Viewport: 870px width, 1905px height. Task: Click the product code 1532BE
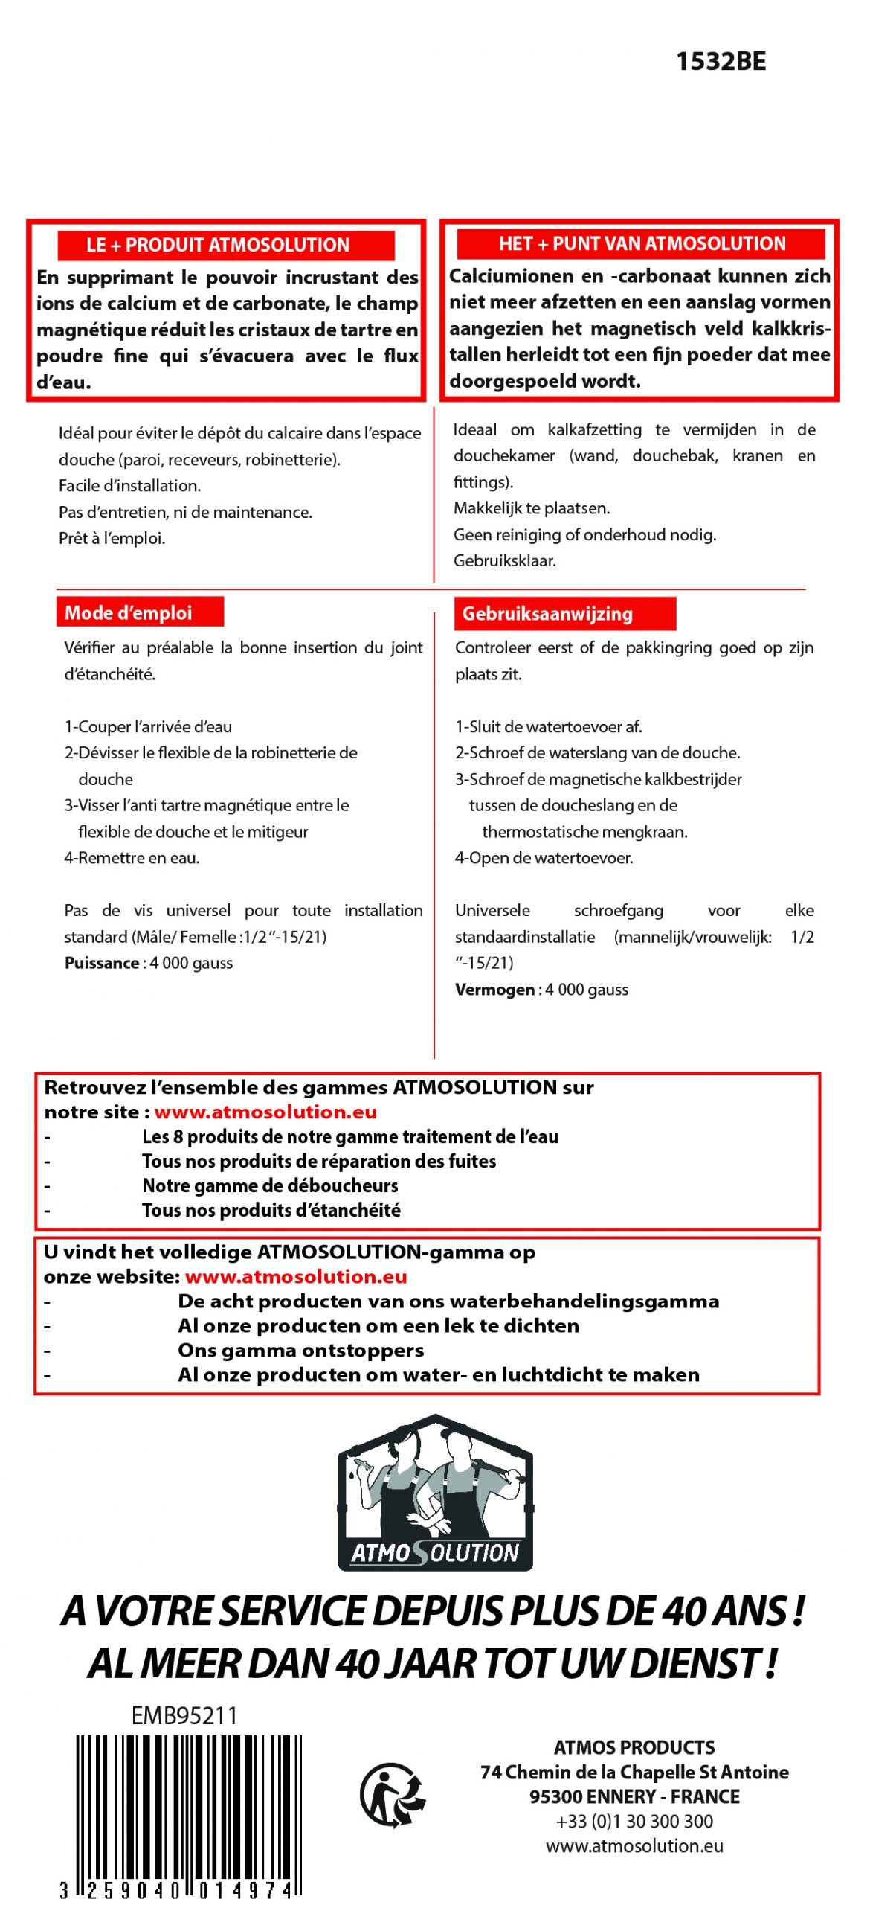[720, 61]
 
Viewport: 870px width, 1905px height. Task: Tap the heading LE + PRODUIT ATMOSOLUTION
[217, 245]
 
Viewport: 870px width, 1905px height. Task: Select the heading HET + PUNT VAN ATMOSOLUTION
[641, 243]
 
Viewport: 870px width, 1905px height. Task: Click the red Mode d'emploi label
[128, 612]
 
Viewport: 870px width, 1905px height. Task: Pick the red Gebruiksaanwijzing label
[547, 613]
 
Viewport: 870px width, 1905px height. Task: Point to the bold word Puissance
[101, 963]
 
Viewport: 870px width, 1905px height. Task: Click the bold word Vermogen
[494, 990]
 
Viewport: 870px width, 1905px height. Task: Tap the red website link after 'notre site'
[265, 1112]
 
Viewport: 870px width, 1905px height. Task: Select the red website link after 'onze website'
[296, 1276]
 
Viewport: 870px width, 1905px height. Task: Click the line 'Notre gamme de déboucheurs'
[270, 1185]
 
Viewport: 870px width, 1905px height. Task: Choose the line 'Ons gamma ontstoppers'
[300, 1350]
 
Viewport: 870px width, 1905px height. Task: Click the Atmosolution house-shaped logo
[435, 1492]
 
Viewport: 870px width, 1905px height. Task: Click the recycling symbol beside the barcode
[393, 1794]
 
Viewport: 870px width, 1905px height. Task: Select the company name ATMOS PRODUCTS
[634, 1747]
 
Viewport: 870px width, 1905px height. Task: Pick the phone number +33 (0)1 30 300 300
[634, 1821]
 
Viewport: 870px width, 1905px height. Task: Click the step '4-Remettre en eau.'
[132, 858]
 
